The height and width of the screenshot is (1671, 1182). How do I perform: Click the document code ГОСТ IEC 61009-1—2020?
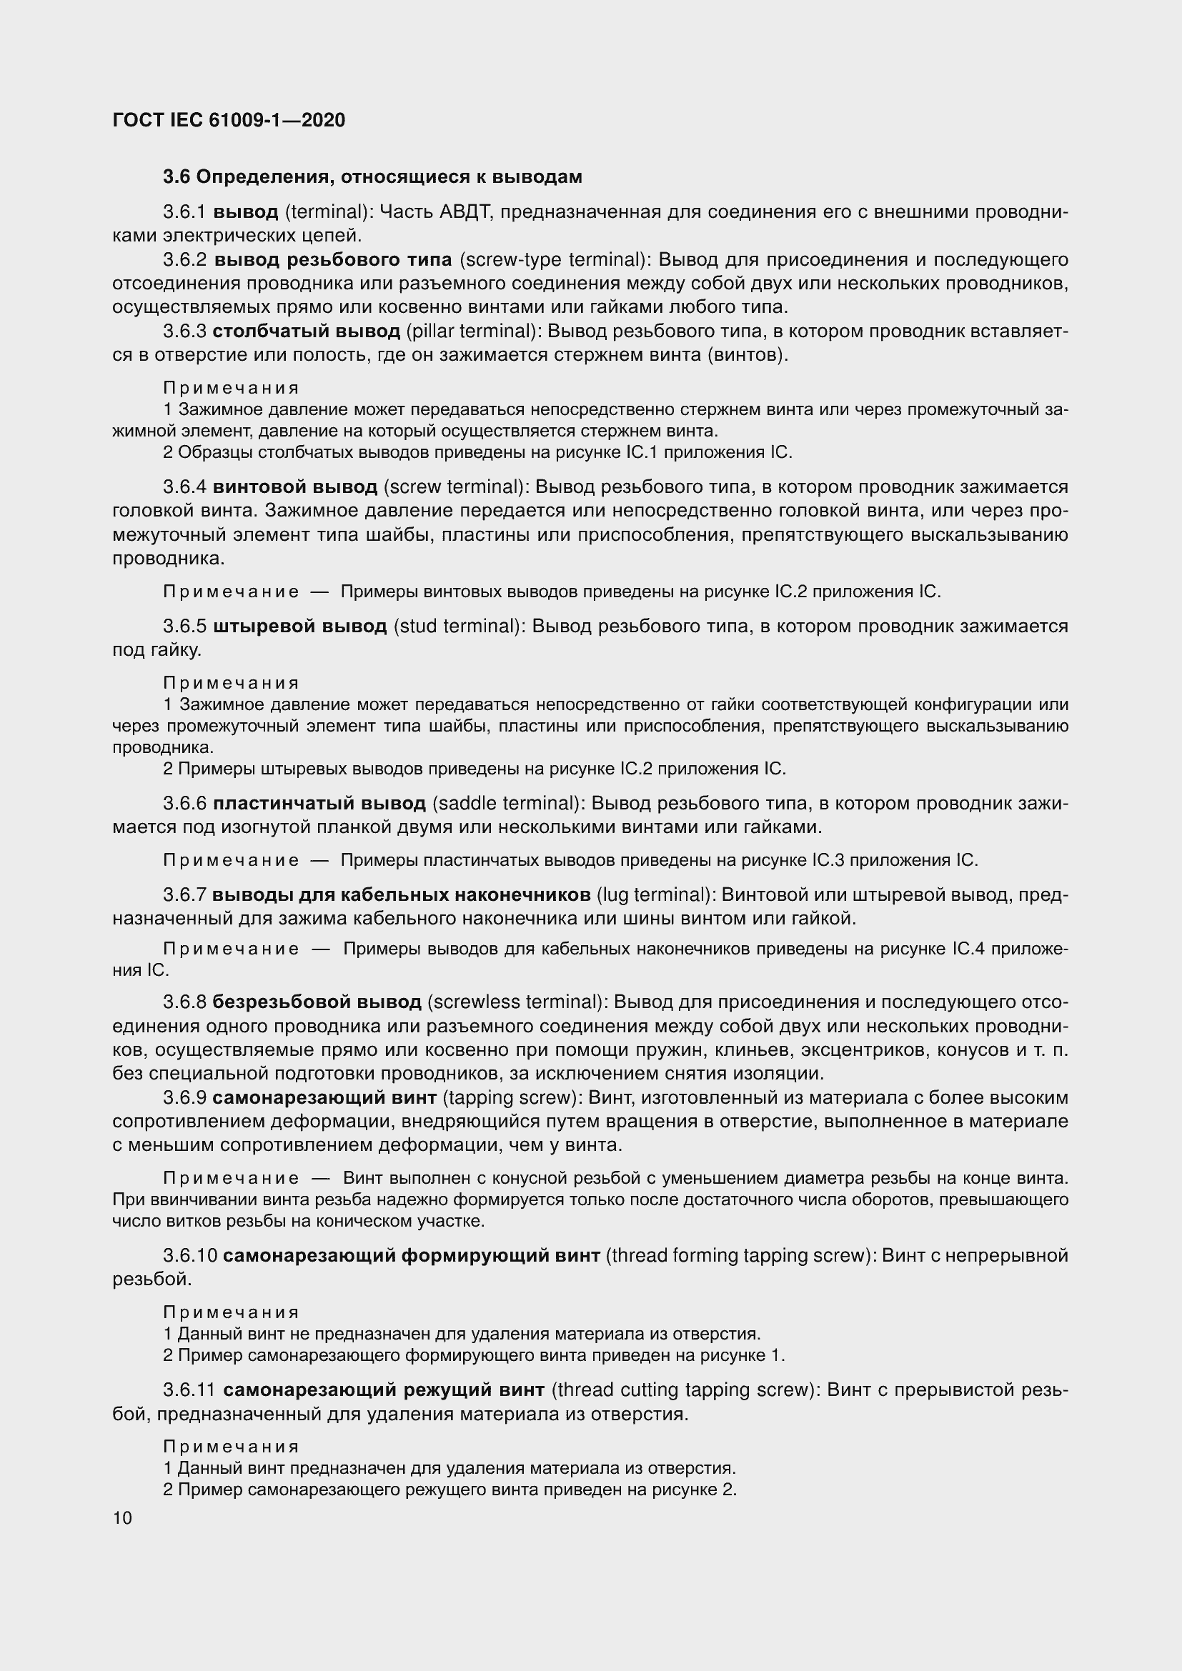(x=229, y=120)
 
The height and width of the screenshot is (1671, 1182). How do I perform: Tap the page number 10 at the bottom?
(x=122, y=1517)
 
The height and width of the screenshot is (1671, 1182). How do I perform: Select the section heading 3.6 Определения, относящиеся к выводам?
(x=372, y=177)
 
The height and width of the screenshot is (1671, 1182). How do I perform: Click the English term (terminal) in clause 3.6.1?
(x=328, y=212)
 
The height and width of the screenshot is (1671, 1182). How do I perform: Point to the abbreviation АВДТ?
(x=467, y=212)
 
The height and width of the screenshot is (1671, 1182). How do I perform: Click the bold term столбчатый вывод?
(x=307, y=332)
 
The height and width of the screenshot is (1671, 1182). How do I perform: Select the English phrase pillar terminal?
(x=472, y=332)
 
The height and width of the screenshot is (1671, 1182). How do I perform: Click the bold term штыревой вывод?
(x=300, y=627)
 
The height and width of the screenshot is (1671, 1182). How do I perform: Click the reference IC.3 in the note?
(x=828, y=860)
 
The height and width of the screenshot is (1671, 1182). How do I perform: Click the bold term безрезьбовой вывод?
(x=317, y=1002)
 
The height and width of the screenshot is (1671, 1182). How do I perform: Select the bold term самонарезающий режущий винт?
(x=384, y=1390)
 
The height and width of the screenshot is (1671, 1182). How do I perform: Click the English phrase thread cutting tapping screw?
(x=680, y=1390)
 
